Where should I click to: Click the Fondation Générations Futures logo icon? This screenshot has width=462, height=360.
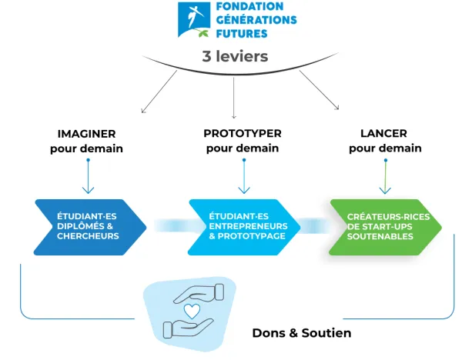coord(193,20)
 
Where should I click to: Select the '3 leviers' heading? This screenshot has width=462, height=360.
coord(235,56)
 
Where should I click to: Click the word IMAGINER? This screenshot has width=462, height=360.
coord(86,133)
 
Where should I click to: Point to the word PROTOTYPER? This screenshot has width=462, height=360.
coord(243,133)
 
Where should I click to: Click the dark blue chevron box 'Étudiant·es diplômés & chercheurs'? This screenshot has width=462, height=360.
coord(89,227)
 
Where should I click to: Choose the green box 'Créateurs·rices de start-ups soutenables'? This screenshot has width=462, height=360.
coord(385,227)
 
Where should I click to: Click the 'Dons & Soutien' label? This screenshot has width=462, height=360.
coord(301,333)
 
